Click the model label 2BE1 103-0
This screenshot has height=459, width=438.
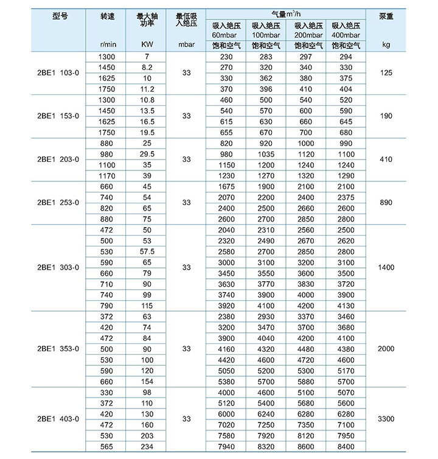[x=58, y=72]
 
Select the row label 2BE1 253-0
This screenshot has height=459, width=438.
[x=58, y=202]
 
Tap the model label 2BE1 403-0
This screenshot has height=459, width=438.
[x=58, y=419]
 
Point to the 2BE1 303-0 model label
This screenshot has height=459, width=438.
[x=58, y=267]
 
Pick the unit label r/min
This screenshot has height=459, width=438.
[x=107, y=45]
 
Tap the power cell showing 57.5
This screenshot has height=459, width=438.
[x=147, y=251]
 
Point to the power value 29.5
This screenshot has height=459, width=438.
[x=147, y=154]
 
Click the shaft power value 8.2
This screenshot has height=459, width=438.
[x=147, y=67]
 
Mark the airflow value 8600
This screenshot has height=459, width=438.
[x=305, y=446]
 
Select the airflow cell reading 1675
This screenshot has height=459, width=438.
[x=226, y=186]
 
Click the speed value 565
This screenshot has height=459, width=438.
[x=106, y=446]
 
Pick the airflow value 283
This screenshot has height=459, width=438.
[x=266, y=57]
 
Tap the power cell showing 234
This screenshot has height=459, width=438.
[x=147, y=446]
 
